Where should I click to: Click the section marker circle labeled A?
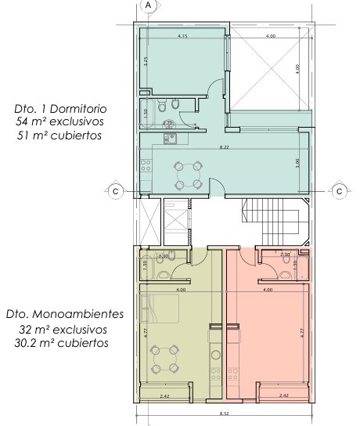[x=148, y=5]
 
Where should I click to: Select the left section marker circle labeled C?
[x=115, y=190]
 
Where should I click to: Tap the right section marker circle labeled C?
[x=340, y=190]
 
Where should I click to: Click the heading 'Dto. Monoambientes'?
[x=64, y=314]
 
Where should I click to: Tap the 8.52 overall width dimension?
[x=224, y=413]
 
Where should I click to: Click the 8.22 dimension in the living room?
[x=224, y=147]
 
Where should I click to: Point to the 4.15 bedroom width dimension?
[x=182, y=37]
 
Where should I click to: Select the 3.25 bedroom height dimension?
[x=146, y=63]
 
